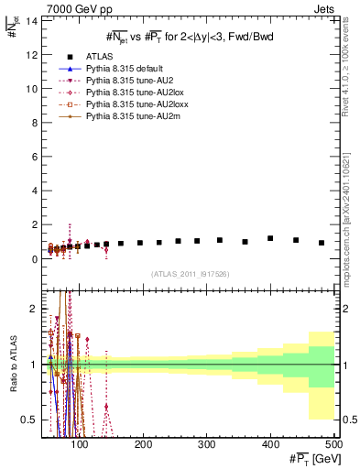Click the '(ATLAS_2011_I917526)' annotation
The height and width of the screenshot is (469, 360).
190,273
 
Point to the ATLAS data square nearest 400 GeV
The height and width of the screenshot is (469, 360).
270,238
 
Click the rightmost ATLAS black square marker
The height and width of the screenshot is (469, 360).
322,243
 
